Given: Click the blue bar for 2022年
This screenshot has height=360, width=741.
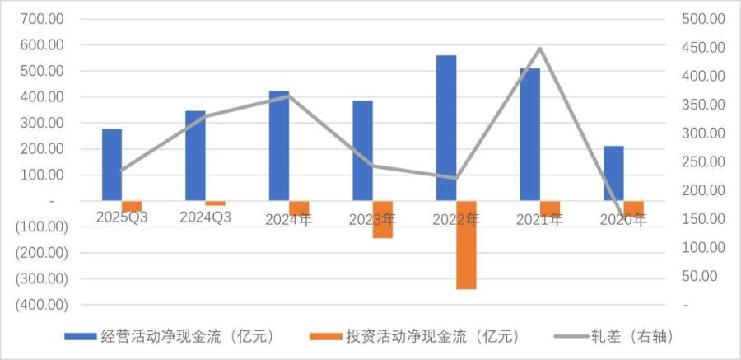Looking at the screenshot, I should [446, 128].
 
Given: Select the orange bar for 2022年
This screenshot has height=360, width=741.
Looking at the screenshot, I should [466, 245].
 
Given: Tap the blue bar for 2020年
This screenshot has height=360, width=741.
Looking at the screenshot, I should [613, 173].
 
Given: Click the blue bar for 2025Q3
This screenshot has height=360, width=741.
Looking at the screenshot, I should [112, 165].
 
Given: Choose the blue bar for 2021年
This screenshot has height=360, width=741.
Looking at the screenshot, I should [529, 134].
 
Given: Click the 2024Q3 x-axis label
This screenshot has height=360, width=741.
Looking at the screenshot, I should [206, 217].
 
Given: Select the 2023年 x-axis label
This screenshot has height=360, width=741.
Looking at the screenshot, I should [372, 220].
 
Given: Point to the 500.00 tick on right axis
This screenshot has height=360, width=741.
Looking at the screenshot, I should [706, 19].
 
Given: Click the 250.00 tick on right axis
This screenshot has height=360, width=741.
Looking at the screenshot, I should [706, 161].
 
